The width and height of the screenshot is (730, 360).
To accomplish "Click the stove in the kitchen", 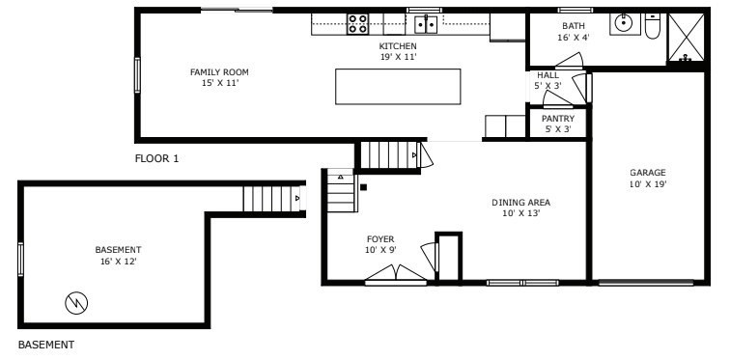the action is click(358, 24).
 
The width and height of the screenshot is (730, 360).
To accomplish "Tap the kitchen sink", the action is click(426, 24).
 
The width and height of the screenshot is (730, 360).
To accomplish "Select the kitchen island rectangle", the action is click(398, 87).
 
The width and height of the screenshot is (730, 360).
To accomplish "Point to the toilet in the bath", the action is click(653, 26).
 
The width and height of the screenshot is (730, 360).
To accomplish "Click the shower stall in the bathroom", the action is click(687, 38).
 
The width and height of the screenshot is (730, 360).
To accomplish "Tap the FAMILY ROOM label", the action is click(219, 72).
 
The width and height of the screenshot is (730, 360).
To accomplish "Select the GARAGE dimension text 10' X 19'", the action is click(648, 184).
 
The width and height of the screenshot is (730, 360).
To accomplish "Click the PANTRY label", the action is click(558, 119).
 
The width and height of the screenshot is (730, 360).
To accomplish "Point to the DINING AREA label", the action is click(521, 203).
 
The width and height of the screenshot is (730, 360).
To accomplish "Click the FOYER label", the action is click(380, 239).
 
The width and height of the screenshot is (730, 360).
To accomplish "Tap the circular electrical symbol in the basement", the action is click(76, 303).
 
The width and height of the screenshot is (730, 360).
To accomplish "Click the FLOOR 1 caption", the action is click(156, 158).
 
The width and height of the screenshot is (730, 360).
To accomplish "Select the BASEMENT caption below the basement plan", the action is click(46, 345).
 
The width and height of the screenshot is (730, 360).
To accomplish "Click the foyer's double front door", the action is click(396, 273).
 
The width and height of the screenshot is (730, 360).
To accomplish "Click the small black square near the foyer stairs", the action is click(364, 187).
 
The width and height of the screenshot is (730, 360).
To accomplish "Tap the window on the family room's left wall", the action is click(137, 75).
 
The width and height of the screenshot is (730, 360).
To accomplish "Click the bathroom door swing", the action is click(570, 61).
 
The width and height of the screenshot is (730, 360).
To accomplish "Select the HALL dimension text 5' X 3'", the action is click(547, 86).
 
